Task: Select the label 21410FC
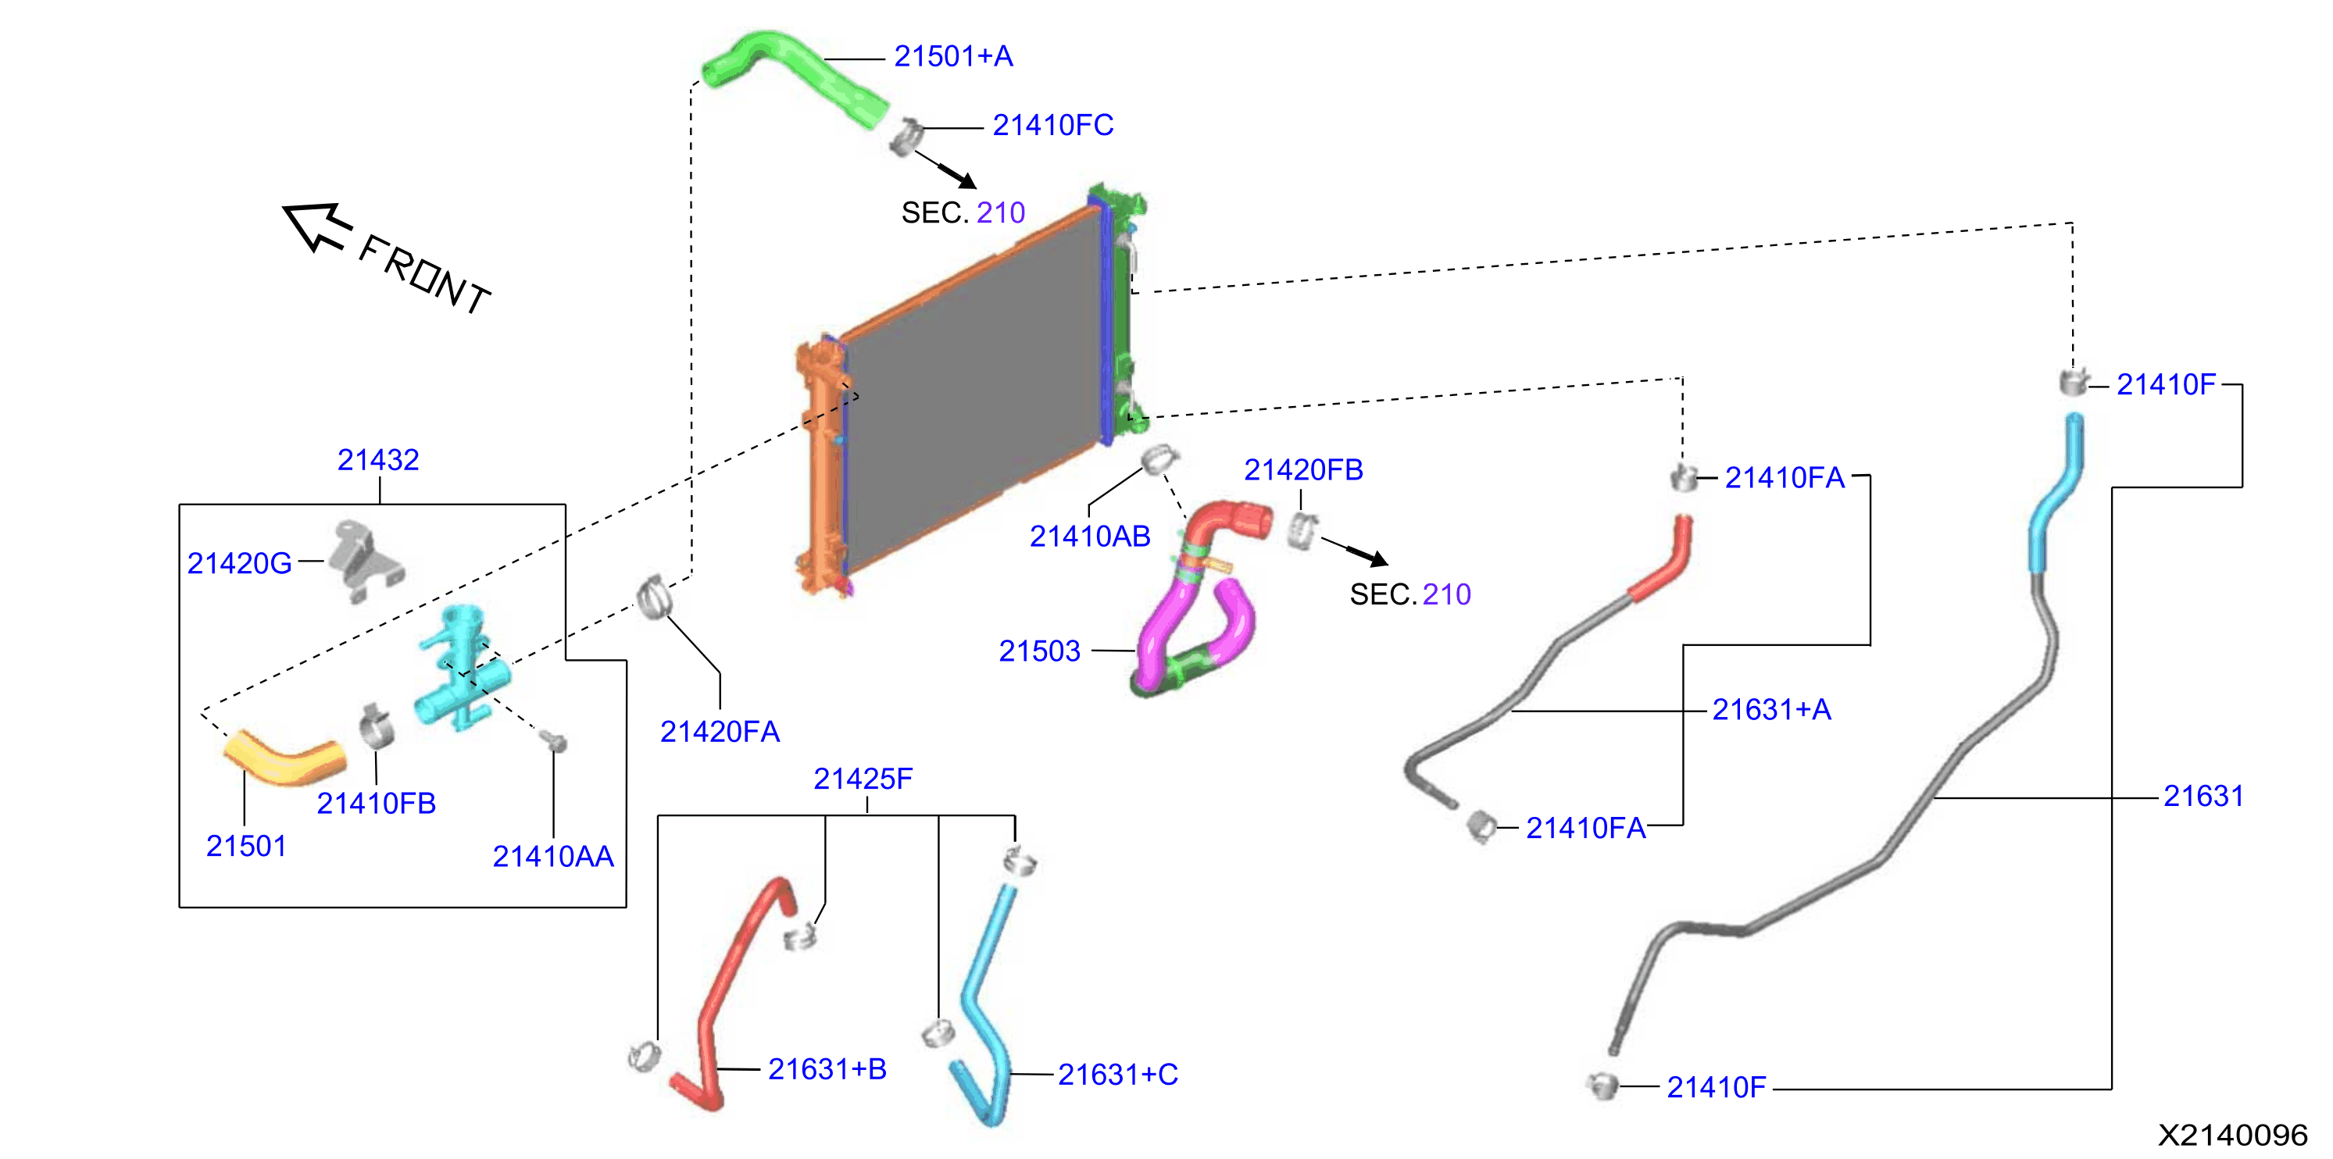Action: point(1052,125)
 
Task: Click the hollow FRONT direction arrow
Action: point(318,226)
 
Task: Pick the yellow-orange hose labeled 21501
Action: point(283,759)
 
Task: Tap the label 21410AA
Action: point(552,857)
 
